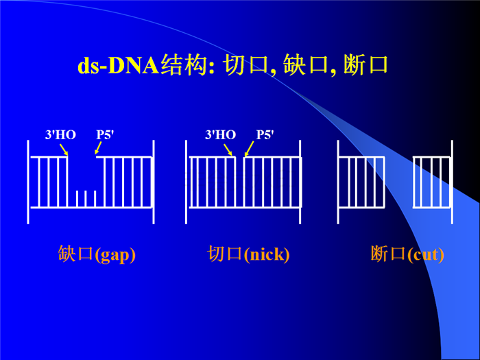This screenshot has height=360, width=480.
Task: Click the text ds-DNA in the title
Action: tap(119, 65)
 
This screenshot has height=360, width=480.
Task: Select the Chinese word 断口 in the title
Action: tap(365, 64)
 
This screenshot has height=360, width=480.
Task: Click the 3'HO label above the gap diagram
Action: tap(60, 134)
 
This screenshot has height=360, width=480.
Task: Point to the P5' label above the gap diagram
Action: tap(105, 134)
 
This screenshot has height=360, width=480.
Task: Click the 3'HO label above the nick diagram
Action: tap(220, 134)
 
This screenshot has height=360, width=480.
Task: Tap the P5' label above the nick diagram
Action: tap(265, 134)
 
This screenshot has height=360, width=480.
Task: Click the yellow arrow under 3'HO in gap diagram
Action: tap(64, 149)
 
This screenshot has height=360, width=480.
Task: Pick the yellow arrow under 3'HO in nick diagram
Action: tap(228, 150)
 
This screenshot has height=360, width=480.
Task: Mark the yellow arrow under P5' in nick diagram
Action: tap(249, 149)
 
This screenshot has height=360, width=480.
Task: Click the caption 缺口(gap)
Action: tap(97, 254)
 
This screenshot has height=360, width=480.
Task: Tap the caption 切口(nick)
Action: tap(248, 254)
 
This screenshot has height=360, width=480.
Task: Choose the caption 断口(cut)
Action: tap(407, 254)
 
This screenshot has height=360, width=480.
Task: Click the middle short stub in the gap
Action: tap(86, 199)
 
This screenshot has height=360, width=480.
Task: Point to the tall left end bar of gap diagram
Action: tap(28, 182)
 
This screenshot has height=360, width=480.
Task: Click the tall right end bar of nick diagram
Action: tap(300, 182)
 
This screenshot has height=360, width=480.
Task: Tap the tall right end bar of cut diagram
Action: tap(452, 182)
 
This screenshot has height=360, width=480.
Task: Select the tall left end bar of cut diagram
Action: tap(338, 182)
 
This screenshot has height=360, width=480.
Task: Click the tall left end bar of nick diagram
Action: tap(186, 182)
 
